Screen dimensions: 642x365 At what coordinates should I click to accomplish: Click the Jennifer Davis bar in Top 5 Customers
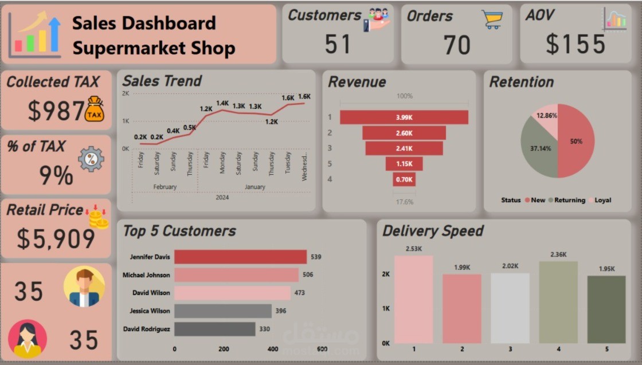(240, 257)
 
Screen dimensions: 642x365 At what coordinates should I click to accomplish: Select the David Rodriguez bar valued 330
(214, 329)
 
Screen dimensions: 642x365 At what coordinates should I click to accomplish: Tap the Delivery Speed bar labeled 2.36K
(558, 302)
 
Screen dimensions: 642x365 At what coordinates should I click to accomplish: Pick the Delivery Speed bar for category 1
(413, 299)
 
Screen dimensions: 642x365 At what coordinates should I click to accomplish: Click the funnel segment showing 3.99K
(404, 117)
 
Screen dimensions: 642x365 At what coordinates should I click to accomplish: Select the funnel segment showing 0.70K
(404, 179)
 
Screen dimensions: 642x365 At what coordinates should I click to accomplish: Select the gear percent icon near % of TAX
(91, 159)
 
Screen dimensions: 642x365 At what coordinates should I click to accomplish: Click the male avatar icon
(84, 286)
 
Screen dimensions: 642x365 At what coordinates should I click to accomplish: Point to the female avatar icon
(28, 339)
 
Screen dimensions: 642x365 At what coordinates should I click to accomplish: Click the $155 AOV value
(575, 45)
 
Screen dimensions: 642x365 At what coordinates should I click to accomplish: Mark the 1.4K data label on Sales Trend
(222, 103)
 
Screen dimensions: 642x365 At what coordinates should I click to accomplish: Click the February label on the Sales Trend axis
(165, 187)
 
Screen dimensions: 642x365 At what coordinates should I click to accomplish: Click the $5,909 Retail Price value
(56, 238)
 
